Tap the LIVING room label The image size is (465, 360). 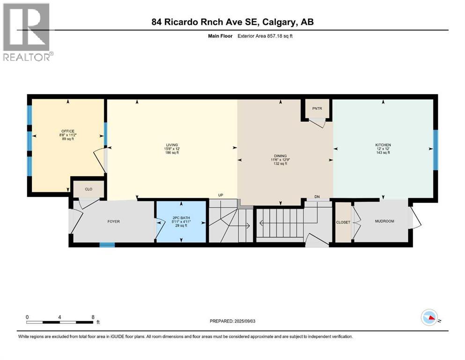click(171, 145)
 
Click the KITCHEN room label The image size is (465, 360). click(383, 145)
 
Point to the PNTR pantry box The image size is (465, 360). click(317, 109)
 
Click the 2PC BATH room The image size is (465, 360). click(180, 222)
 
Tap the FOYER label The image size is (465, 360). click(114, 221)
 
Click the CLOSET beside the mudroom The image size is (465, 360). click(343, 222)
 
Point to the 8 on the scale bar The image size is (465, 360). click(93, 317)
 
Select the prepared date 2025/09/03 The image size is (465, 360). click(233, 321)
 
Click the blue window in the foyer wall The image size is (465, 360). click(107, 244)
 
